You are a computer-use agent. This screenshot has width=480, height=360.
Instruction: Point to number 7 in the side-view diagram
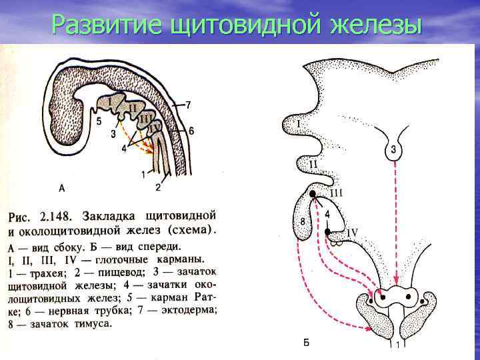(x=189, y=105)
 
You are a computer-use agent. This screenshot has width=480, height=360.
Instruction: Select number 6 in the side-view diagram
(x=191, y=131)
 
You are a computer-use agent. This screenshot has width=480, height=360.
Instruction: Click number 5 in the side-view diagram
(x=99, y=122)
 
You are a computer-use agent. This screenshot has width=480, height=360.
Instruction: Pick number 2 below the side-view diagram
(x=158, y=187)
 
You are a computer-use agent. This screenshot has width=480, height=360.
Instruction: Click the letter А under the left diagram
(x=62, y=188)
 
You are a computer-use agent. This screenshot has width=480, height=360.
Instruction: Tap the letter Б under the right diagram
(x=306, y=343)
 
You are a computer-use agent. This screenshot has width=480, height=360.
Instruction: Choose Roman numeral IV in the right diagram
(x=352, y=232)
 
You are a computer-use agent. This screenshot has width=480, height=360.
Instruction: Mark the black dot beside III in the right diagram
(x=311, y=194)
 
